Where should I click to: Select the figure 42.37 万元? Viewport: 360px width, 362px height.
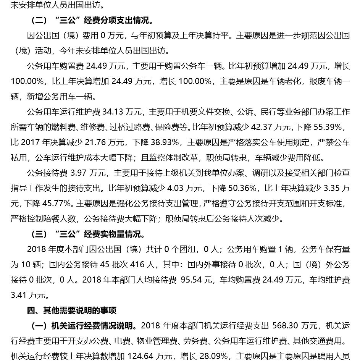pos(283,127)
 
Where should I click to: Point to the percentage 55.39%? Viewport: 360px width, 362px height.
pos(333,127)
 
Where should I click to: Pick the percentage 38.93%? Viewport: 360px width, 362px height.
pos(164,142)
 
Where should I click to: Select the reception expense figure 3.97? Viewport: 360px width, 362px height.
pos(79,173)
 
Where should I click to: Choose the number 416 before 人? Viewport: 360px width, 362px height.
pos(138,264)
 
